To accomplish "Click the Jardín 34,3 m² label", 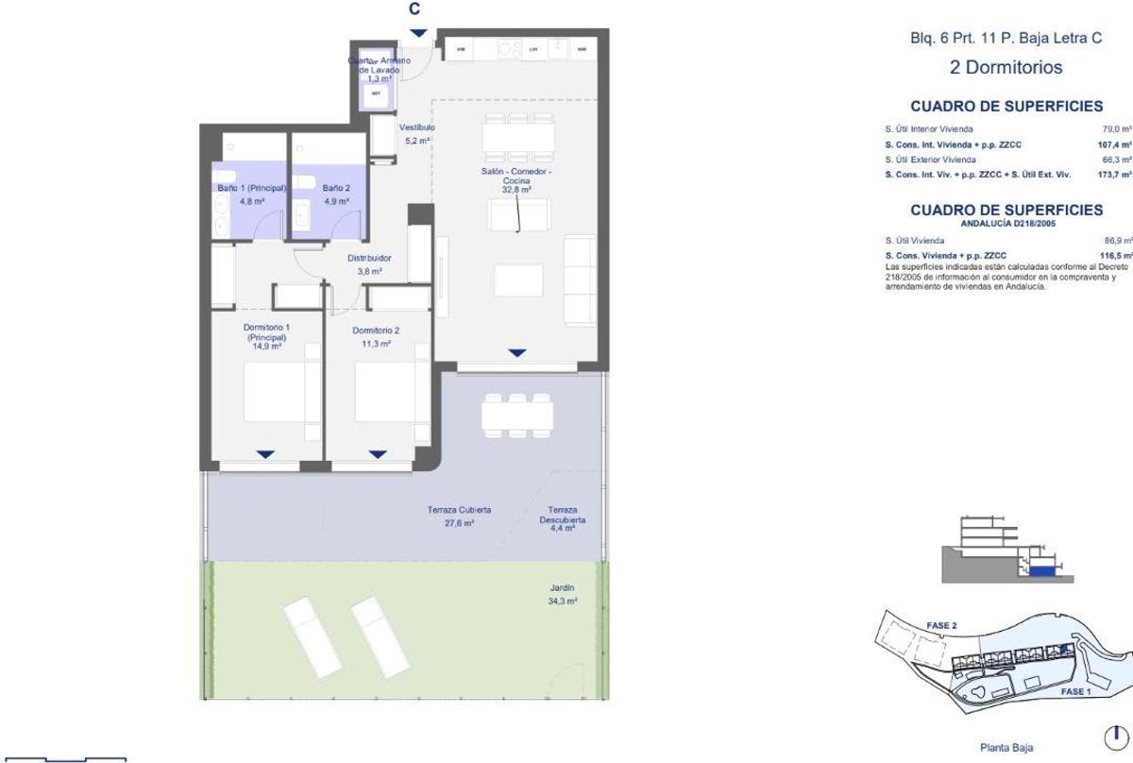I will pos(563,594).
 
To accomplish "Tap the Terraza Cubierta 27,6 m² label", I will pos(459,516).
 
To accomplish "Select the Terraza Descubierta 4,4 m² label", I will pos(563,520).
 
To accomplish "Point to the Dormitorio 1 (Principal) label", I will pos(267,336).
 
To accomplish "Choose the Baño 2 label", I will pos(336,195).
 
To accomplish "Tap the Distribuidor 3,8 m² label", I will pos(369,263).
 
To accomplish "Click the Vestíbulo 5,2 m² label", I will pos(416,133).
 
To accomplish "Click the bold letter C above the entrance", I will pos(414,8).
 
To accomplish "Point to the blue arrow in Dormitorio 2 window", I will pos(378,454).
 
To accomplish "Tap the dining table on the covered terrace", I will pos(516,414).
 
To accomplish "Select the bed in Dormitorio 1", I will pos(275,393).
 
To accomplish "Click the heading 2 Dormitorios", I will pos(1006,68).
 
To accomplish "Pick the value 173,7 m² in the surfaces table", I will pos(1115,175).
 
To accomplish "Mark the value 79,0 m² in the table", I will pos(1117,129).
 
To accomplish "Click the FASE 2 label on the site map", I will pos(941,625).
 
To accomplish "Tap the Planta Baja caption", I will pos(1006,748).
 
